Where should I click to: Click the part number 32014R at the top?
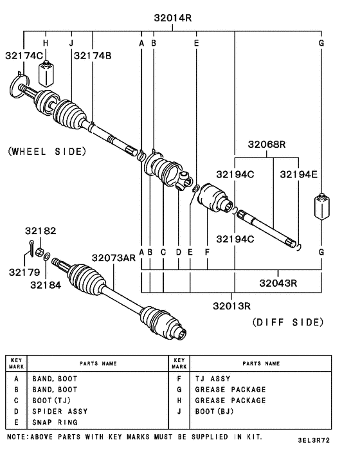coord(172,18)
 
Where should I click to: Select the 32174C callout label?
coord(24,56)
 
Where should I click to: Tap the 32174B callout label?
coord(92,56)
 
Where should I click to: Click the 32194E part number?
coord(298,174)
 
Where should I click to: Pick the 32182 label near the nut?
coord(40,230)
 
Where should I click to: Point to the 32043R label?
coord(278,282)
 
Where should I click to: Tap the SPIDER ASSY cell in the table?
coord(60,411)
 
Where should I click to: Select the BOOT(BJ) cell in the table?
coord(214,411)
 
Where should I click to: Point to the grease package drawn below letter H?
coord(46,75)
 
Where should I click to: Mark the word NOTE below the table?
coord(16,436)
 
